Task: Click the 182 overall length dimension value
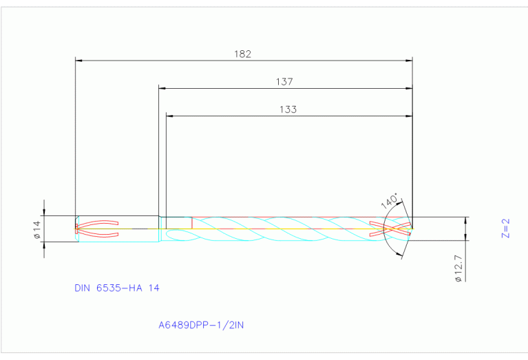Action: coord(243,54)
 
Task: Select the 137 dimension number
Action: coord(284,81)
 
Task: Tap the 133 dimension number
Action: coord(288,109)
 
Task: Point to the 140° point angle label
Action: coord(390,202)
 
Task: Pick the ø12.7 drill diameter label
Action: coord(458,266)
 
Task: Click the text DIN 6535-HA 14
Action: coord(117,288)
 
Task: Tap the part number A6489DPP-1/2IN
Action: coord(202,324)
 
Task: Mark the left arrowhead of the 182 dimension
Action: coord(78,61)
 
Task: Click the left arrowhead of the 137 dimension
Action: coord(162,88)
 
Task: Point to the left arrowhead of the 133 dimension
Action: coord(170,116)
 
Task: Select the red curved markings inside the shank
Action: coord(100,229)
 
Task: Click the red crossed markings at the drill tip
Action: coord(390,229)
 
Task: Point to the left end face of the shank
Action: coord(75,229)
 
